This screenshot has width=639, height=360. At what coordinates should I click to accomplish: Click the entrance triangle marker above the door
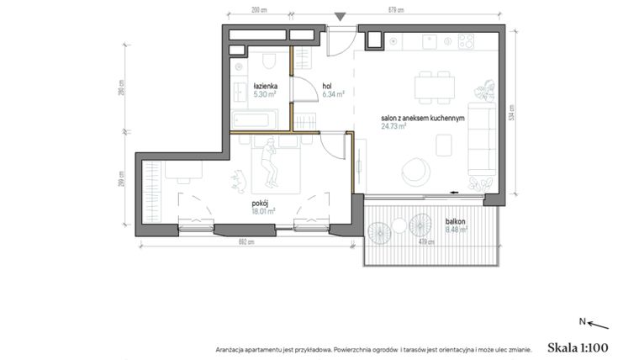point(340,16)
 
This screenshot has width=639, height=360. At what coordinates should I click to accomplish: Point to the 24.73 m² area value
point(393,127)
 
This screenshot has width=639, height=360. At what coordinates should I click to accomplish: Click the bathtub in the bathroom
point(255,119)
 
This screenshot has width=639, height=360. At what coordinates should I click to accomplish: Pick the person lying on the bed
point(269,162)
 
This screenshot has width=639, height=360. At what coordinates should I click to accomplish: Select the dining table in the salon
point(434,85)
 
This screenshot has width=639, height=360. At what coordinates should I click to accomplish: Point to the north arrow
point(594,322)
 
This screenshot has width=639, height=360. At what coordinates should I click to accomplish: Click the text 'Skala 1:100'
point(577,347)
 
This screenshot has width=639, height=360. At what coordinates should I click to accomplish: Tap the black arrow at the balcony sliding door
point(455,191)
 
